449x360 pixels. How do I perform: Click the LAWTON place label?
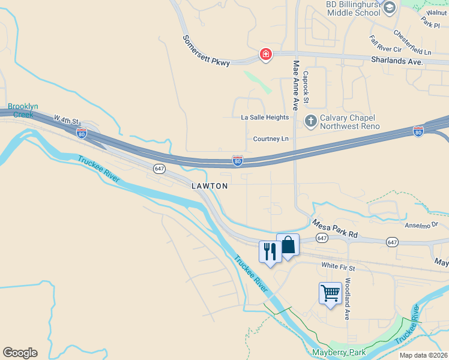point(209,186)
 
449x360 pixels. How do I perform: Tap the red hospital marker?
point(265,55)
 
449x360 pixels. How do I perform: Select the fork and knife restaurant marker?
point(270,251)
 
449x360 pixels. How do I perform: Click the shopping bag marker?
point(288,245)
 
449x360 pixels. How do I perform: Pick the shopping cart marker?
point(330,293)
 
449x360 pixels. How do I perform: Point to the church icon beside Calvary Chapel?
point(311,121)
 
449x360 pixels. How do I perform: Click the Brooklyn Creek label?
point(22,110)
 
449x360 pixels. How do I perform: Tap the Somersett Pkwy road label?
point(206,50)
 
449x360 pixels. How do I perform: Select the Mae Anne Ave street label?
point(295,85)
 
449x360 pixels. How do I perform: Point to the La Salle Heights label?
point(265,117)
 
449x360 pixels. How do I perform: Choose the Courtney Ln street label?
point(271,139)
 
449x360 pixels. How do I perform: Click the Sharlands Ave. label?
point(397,61)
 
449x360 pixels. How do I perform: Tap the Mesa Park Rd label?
point(334,229)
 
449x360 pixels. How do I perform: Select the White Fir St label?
point(338,266)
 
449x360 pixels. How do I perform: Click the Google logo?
point(20,353)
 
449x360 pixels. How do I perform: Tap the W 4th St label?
point(66,120)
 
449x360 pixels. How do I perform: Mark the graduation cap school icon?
point(390,7)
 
